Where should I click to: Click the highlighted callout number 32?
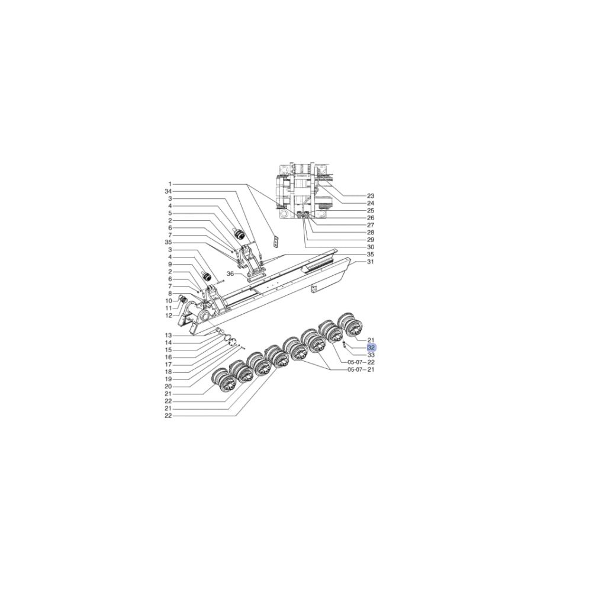[x=371, y=348]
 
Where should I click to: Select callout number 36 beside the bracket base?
[x=230, y=274]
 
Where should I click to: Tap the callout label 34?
[x=168, y=191]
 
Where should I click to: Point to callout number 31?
[x=371, y=262]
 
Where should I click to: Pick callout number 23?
[x=371, y=195]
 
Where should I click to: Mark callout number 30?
[x=371, y=247]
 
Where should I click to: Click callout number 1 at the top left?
[x=169, y=184]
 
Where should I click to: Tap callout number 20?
[x=168, y=386]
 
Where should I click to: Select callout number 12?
[x=168, y=315]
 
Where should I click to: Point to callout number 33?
[x=371, y=355]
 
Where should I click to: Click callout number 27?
[x=371, y=225]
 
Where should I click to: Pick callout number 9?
[x=169, y=264]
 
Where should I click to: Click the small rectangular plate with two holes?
[x=275, y=240]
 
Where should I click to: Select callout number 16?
[x=168, y=357]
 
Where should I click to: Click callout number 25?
[x=371, y=210]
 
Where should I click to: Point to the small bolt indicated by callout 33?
[x=343, y=344]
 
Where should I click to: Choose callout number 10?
[x=168, y=301]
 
